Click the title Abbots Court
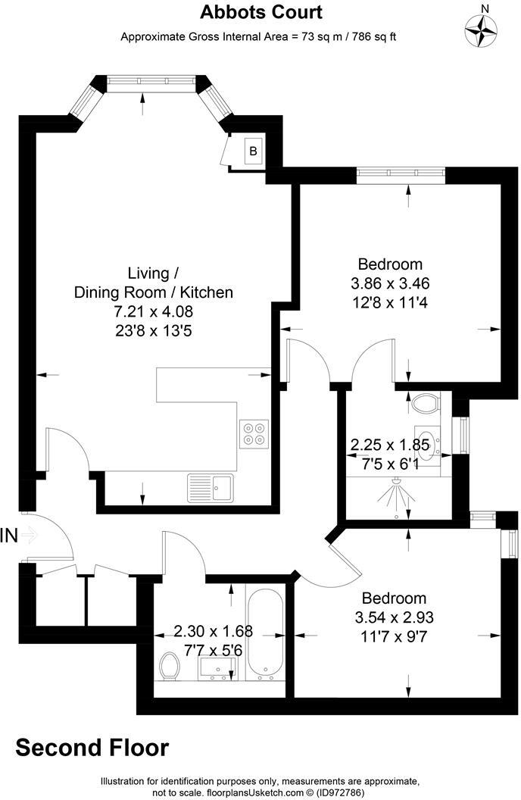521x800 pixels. click(260, 12)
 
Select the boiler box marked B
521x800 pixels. click(254, 152)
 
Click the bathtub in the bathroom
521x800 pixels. click(265, 633)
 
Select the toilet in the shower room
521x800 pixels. click(428, 402)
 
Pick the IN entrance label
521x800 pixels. click(9, 536)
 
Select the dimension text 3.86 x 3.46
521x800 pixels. click(390, 283)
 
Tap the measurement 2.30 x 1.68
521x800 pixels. click(213, 630)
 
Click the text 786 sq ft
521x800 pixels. click(372, 36)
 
